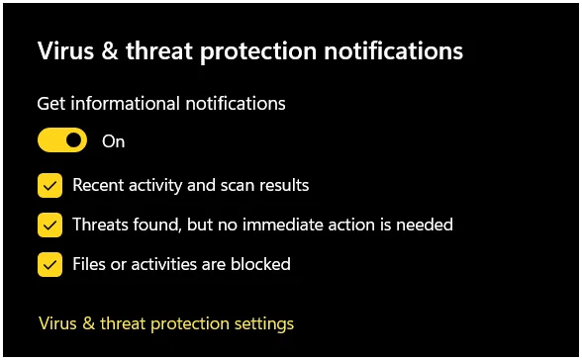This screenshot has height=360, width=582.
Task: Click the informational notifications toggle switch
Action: click(62, 140)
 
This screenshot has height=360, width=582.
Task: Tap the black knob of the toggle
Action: click(74, 140)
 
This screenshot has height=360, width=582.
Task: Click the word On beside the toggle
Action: click(113, 141)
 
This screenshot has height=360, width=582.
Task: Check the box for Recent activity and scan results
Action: click(49, 185)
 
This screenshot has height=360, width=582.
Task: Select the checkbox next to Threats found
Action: click(49, 225)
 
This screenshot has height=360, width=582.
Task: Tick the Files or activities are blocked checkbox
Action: click(49, 264)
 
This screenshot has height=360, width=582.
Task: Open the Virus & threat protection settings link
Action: click(166, 324)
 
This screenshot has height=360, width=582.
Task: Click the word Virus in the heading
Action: click(65, 50)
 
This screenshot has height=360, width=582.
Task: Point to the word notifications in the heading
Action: click(394, 50)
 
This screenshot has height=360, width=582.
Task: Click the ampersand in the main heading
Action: click(110, 50)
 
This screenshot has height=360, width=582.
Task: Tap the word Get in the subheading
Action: click(51, 104)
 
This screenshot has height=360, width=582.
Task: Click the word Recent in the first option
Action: click(98, 185)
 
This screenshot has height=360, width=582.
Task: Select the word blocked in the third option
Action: click(260, 264)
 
